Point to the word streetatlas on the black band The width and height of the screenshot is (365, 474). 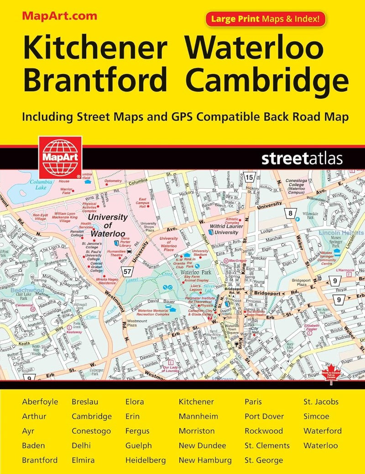(302, 159)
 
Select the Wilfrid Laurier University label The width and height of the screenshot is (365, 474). (220, 229)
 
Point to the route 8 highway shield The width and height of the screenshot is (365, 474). (290, 213)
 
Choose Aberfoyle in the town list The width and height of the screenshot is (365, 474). (40, 402)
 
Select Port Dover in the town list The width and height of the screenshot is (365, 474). (264, 417)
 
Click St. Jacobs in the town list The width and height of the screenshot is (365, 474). (321, 402)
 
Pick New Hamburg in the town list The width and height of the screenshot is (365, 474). (205, 460)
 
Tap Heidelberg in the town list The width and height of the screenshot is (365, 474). (146, 460)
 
